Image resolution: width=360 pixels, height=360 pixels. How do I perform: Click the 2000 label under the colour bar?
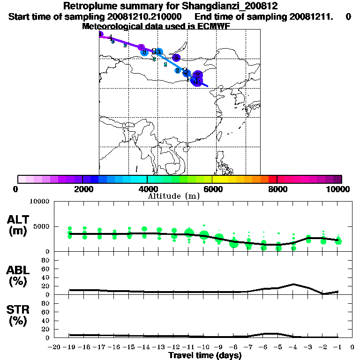click(x=82, y=189)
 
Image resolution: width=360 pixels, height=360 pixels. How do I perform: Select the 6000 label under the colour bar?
click(x=212, y=189)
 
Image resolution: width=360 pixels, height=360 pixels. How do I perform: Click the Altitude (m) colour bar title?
click(x=173, y=196)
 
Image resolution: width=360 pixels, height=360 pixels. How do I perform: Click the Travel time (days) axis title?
click(x=205, y=356)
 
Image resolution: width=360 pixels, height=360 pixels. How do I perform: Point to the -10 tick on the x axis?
click(x=203, y=347)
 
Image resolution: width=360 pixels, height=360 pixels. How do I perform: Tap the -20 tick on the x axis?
click(x=55, y=347)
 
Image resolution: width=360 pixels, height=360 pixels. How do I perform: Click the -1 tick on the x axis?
click(x=337, y=347)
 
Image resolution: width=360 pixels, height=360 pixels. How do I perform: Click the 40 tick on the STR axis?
click(x=45, y=320)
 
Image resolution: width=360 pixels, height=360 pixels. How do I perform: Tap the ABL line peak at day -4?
click(x=293, y=284)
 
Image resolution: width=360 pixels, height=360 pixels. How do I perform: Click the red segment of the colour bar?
click(x=272, y=179)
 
